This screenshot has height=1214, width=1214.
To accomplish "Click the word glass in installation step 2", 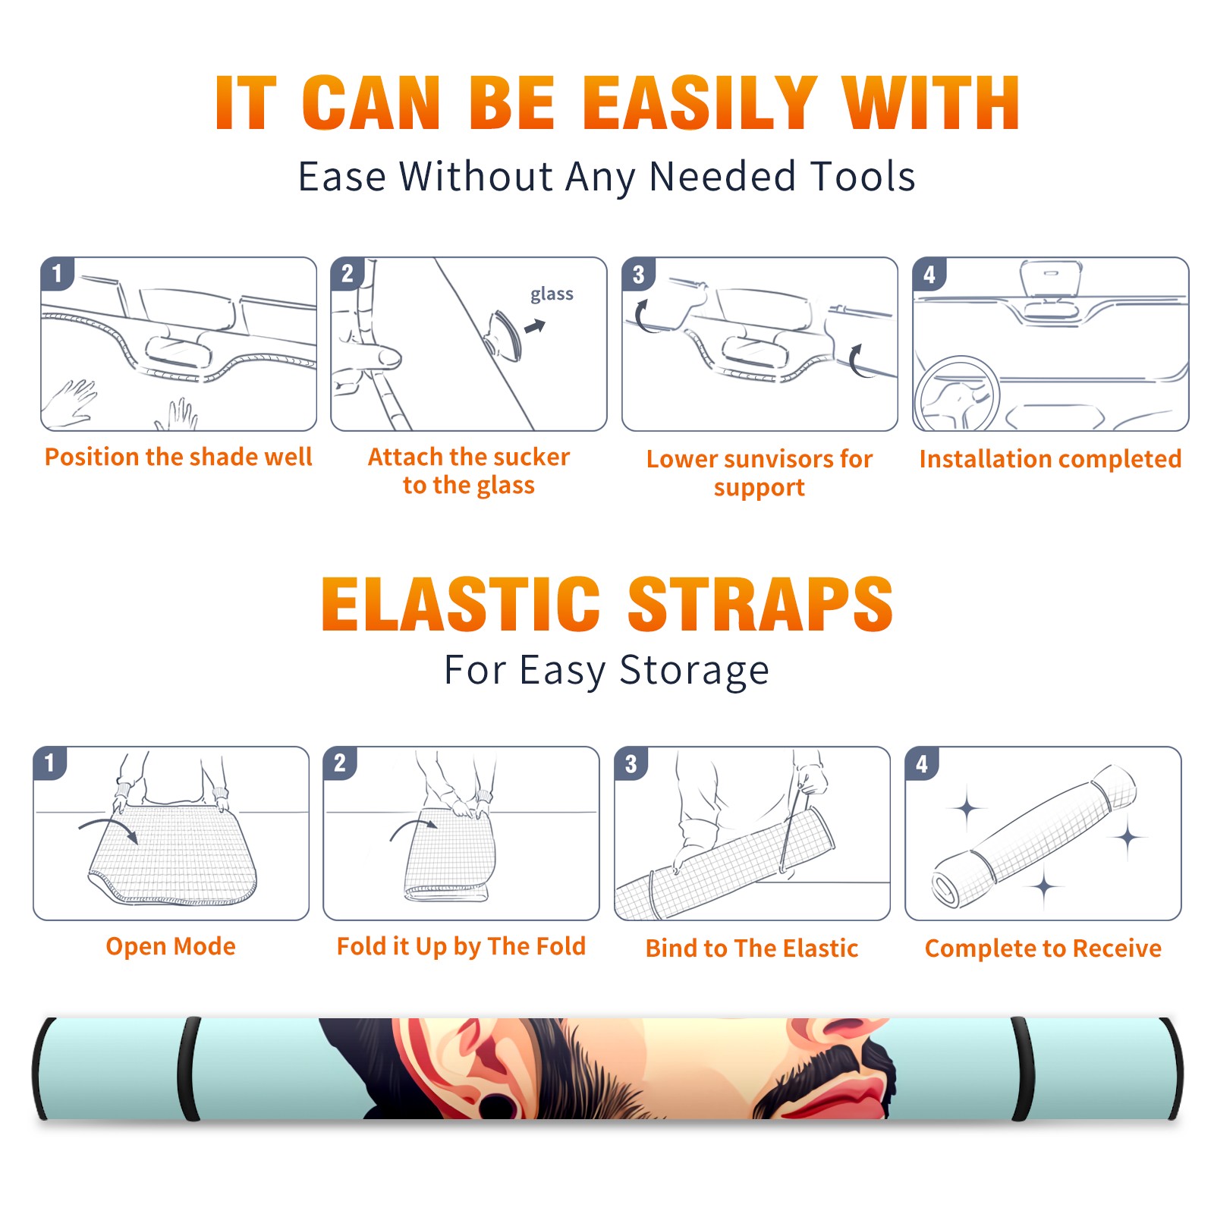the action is (552, 294).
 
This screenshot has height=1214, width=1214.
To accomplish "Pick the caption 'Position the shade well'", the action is (178, 457).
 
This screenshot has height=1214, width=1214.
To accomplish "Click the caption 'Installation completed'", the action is (1050, 458).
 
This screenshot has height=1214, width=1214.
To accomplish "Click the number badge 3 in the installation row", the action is (638, 274).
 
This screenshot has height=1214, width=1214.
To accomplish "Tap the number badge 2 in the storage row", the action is (340, 763).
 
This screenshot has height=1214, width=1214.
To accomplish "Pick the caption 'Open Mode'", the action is (171, 946).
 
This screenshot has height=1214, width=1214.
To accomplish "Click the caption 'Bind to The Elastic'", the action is (752, 948).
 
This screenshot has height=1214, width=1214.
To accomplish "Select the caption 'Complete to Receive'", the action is (1043, 948).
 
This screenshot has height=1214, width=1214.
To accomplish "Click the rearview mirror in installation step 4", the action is (1051, 279).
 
